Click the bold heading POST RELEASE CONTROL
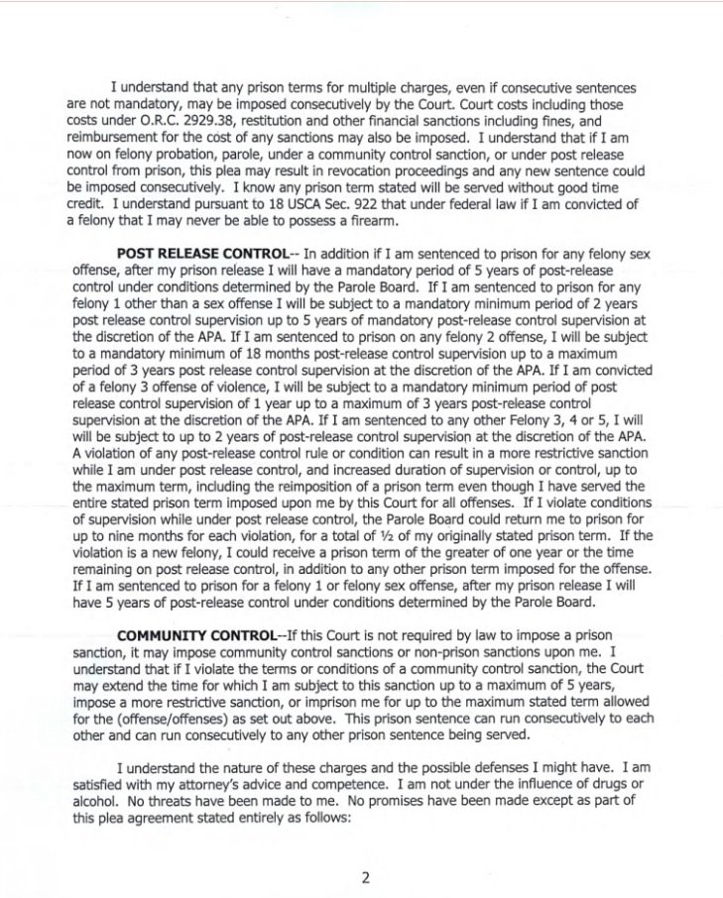tap(202, 254)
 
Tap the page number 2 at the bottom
tap(365, 873)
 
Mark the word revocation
tap(357, 174)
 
